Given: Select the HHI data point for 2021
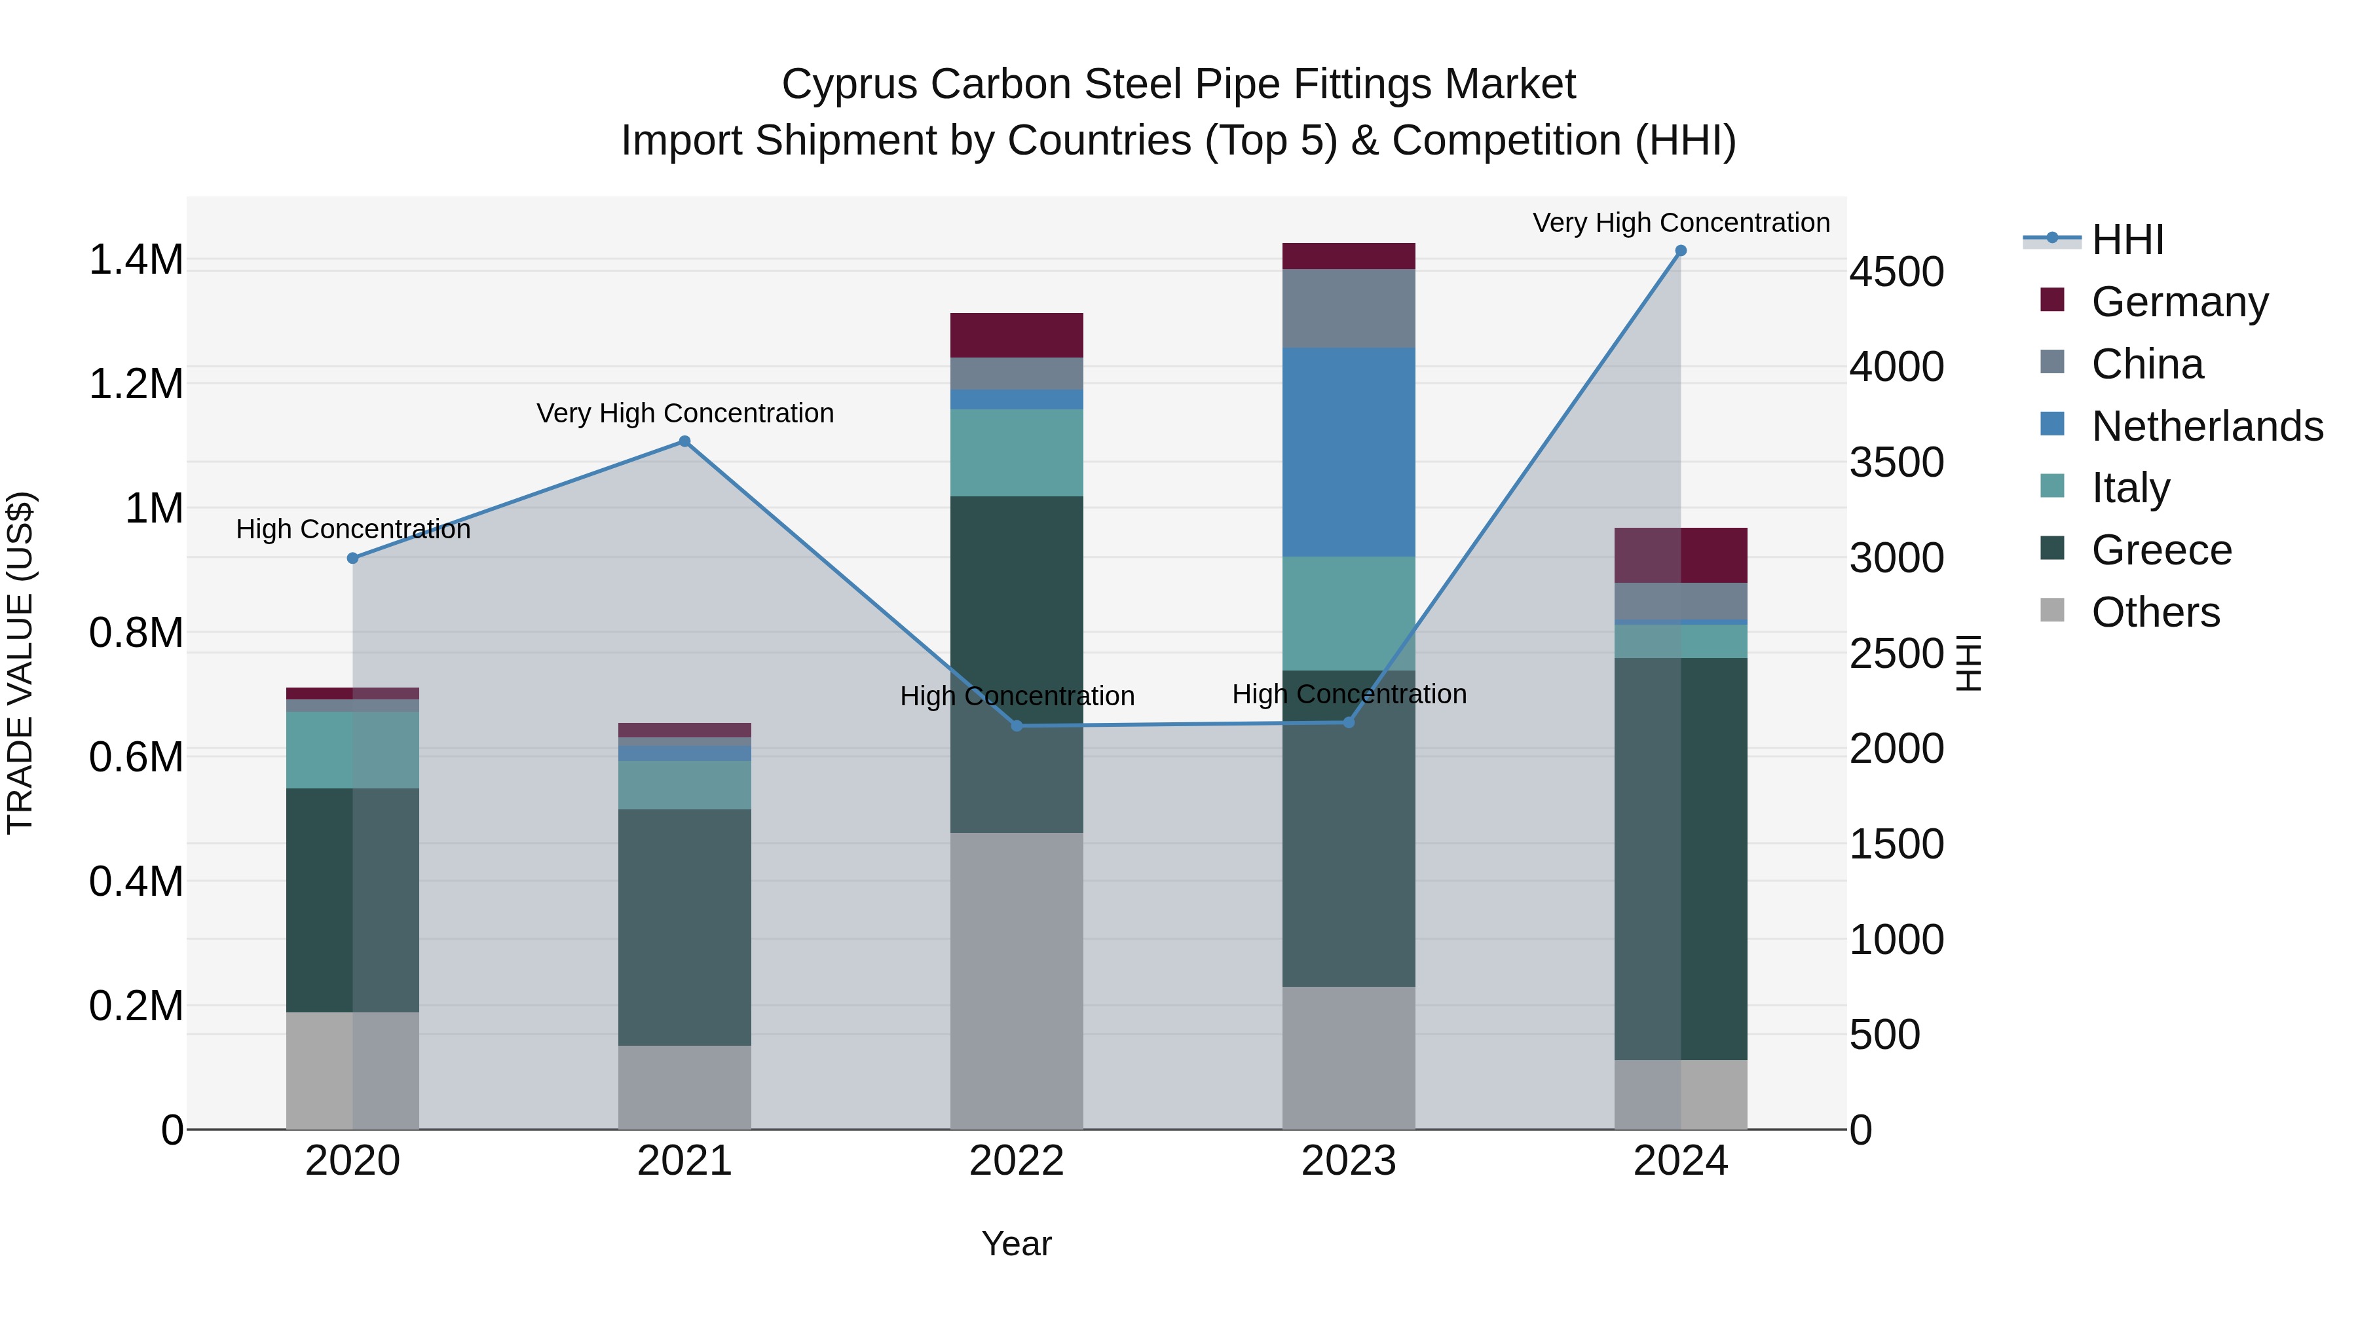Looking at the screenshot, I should (x=684, y=442).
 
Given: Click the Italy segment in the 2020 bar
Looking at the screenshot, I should (x=352, y=750).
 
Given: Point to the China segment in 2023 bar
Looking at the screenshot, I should (x=1349, y=308).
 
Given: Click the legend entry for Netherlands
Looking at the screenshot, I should (x=2206, y=426).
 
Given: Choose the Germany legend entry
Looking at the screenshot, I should (x=2179, y=302).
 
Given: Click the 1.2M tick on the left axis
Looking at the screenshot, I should (x=136, y=384).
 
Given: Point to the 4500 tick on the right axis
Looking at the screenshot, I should (x=1896, y=272).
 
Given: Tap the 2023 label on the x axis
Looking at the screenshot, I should (x=1349, y=1161).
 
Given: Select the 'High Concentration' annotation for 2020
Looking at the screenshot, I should (x=352, y=529).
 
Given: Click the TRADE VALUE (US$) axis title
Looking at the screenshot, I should (x=20, y=663).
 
